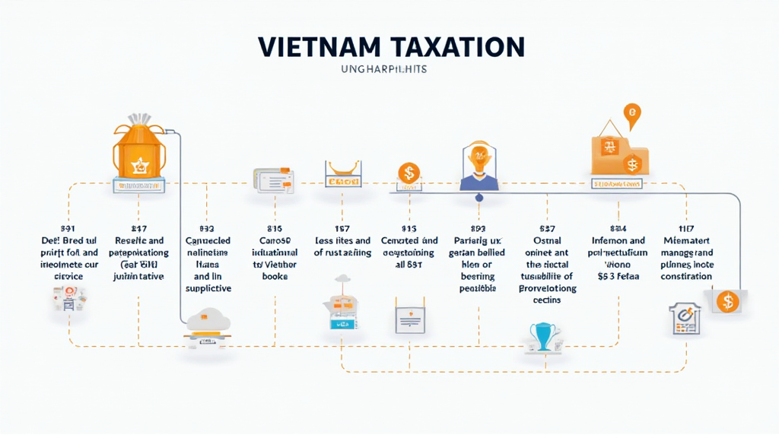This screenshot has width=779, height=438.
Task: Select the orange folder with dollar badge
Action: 620,154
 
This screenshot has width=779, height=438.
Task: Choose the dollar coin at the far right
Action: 727,302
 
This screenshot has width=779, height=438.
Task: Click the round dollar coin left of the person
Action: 409,173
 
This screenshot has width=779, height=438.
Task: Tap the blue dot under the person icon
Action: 479,198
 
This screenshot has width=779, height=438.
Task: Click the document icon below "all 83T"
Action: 409,320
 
